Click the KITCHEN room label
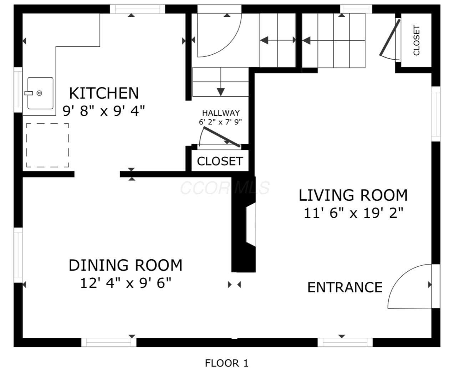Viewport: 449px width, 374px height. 104,93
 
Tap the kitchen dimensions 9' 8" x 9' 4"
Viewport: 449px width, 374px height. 104,111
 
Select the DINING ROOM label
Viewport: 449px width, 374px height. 126,265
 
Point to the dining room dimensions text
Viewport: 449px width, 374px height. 126,283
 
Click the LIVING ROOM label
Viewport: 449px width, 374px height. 353,195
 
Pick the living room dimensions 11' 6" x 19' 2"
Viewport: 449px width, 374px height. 353,213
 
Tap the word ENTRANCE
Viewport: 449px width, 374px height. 345,287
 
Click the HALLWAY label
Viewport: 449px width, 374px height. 221,113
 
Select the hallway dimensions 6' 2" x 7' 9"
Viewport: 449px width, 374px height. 220,122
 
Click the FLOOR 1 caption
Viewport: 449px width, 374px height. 227,363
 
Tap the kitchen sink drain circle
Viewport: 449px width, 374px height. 39,93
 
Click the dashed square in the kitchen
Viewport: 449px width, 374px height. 47,145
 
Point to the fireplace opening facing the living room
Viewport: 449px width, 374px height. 251,224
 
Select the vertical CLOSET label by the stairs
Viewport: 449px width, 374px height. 417,40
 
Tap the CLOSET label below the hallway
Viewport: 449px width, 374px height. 220,161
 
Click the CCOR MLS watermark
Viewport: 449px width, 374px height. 225,188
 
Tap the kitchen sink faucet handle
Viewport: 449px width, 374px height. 29,93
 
